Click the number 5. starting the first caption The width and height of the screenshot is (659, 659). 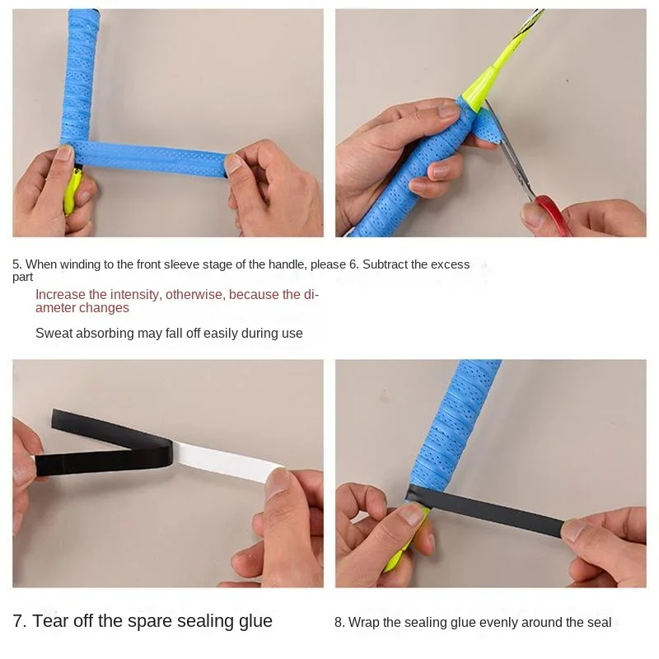pyautogui.click(x=16, y=264)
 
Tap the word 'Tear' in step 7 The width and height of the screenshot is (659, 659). pyautogui.click(x=51, y=621)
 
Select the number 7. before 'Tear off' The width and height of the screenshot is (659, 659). pyautogui.click(x=19, y=621)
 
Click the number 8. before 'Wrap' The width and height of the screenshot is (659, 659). pyautogui.click(x=339, y=623)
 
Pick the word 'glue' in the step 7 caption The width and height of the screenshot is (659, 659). pyautogui.click(x=255, y=621)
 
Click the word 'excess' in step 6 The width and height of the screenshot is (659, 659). pyautogui.click(x=451, y=264)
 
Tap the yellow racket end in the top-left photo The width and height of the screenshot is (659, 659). pyautogui.click(x=72, y=189)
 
